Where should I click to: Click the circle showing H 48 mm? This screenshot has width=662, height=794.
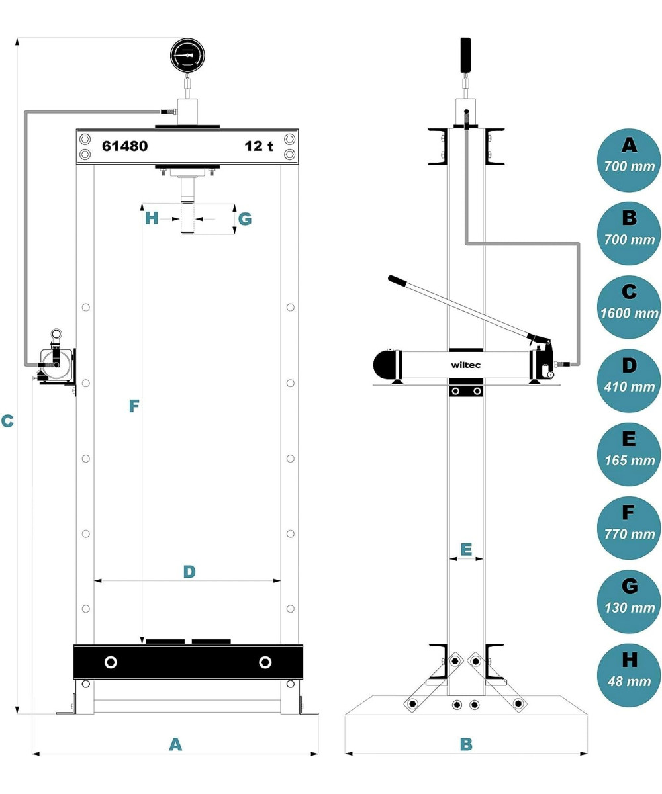(x=629, y=670)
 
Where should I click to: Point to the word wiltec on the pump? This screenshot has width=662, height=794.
(x=467, y=364)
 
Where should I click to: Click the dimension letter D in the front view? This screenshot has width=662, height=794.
(x=189, y=572)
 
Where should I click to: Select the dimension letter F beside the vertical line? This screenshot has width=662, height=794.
(x=134, y=406)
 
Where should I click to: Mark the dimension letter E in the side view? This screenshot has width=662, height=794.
(x=466, y=549)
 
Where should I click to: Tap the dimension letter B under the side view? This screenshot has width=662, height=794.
(x=466, y=744)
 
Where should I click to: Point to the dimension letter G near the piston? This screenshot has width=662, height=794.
(x=244, y=218)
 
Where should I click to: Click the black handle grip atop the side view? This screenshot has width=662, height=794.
(x=466, y=55)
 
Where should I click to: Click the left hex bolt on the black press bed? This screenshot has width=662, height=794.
(x=110, y=662)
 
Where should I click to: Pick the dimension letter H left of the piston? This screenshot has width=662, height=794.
(x=152, y=218)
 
